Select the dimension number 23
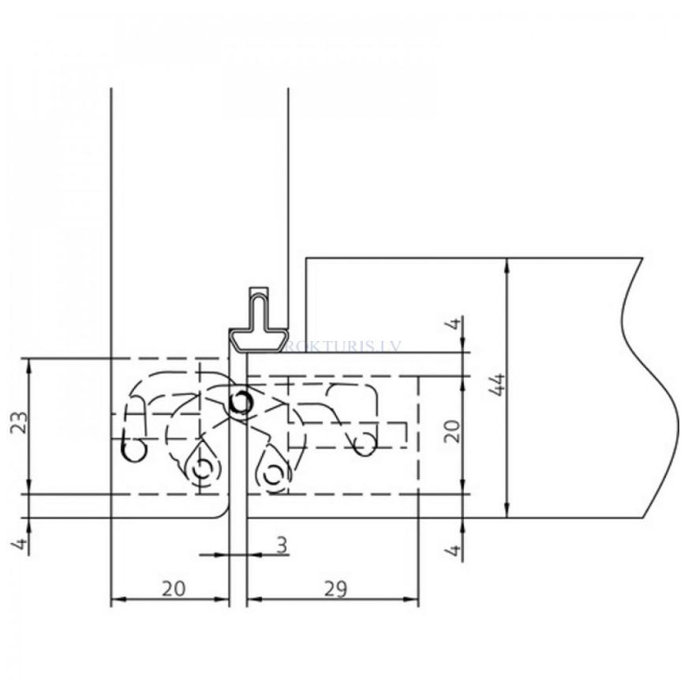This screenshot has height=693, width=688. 21,424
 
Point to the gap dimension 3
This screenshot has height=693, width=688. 282,545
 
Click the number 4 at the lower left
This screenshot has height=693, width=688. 21,542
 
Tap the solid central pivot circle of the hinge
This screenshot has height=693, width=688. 239,403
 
